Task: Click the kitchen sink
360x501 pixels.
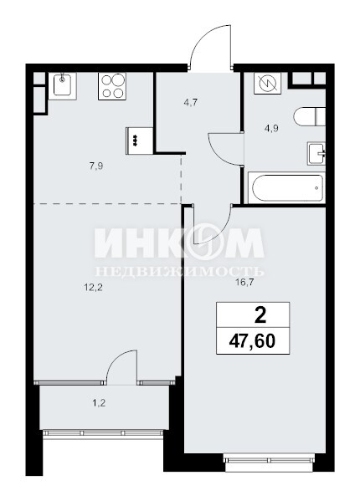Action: tap(62, 85)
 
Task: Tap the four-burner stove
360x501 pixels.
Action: tap(112, 86)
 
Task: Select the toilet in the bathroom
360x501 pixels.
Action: tap(309, 116)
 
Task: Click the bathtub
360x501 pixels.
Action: tap(287, 187)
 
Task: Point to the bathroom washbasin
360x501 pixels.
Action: tap(316, 153)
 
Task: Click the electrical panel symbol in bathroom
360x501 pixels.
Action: tap(267, 83)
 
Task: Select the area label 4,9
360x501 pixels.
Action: tap(271, 129)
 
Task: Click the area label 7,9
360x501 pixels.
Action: tap(96, 166)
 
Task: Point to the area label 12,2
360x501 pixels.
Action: tap(93, 289)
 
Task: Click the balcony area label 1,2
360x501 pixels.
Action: tap(99, 403)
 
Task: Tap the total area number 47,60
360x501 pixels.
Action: tap(252, 341)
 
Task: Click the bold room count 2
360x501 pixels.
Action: tap(260, 316)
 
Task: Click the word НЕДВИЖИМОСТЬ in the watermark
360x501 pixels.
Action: tap(180, 272)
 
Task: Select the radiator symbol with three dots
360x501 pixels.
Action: tap(140, 141)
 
